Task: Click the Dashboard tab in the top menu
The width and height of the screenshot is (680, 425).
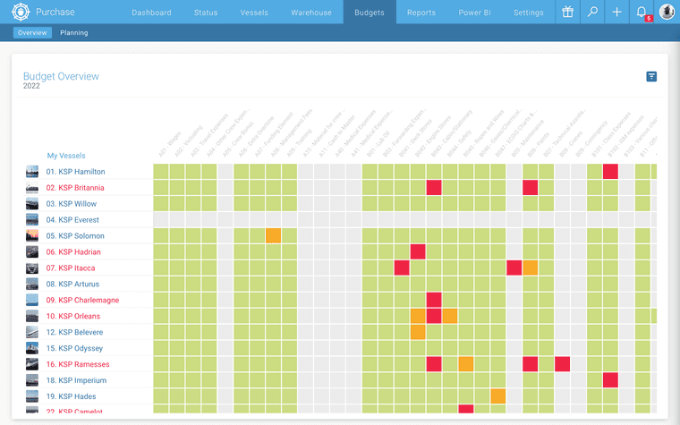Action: [151, 13]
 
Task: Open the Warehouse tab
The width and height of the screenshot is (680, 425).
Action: [311, 13]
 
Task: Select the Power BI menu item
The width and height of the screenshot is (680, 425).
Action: [475, 13]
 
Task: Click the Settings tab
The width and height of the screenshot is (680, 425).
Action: [529, 13]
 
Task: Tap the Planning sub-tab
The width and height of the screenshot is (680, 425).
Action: [74, 33]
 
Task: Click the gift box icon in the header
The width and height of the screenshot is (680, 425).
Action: [568, 13]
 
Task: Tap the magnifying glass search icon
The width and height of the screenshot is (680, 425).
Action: [592, 13]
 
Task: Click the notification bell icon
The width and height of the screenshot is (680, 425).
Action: [641, 13]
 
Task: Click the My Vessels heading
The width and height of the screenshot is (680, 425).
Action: [66, 156]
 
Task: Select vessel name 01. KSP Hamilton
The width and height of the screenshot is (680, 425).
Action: [76, 172]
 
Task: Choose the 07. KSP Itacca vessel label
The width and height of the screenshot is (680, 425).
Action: [71, 268]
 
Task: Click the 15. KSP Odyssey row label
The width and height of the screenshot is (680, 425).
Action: [74, 348]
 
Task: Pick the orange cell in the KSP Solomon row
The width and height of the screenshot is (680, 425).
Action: [273, 236]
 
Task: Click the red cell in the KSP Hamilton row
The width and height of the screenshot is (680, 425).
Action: [610, 172]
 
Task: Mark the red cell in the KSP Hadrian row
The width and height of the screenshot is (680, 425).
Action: [418, 252]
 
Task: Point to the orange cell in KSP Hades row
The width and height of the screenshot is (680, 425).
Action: [497, 396]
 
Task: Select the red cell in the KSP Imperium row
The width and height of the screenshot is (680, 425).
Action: [610, 380]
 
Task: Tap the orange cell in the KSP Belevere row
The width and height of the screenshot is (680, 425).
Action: [418, 332]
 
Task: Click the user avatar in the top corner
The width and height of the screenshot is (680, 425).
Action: [667, 13]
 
